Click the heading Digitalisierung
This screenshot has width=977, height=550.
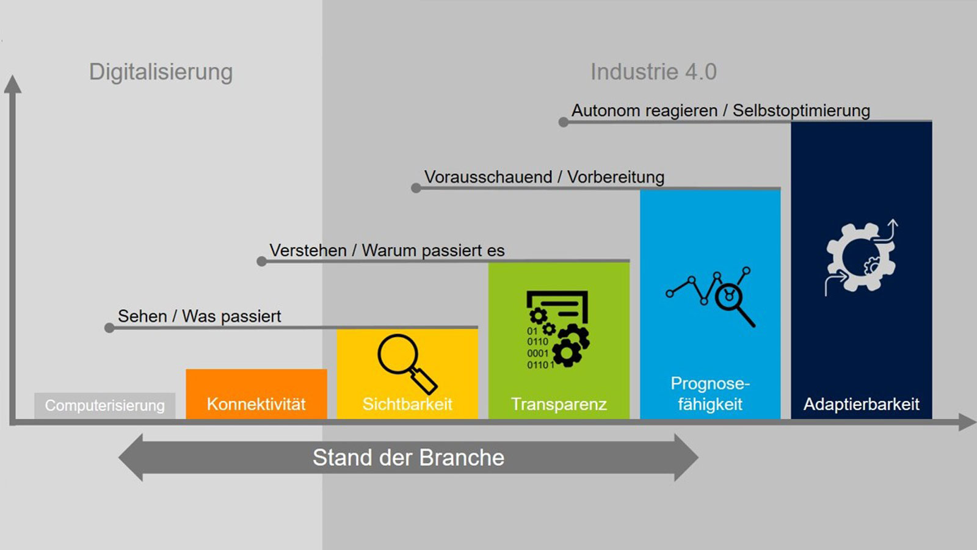(x=161, y=73)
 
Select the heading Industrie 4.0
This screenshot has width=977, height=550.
(x=653, y=72)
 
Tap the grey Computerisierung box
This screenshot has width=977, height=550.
(x=104, y=405)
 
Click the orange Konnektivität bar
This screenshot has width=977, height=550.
(x=256, y=394)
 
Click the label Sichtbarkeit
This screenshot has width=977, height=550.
(x=407, y=404)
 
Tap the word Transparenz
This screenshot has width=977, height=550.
(x=559, y=404)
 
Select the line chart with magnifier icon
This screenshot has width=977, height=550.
(x=711, y=297)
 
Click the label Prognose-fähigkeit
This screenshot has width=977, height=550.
(x=710, y=394)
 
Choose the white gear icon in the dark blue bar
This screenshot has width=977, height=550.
(x=860, y=258)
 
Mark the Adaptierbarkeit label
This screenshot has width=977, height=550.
(x=862, y=404)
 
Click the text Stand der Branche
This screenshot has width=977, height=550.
(x=409, y=458)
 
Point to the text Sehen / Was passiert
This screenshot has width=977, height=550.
(x=199, y=316)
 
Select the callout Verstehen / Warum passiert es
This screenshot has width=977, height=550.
(x=387, y=251)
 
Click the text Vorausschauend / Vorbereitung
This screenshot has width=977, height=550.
(x=544, y=177)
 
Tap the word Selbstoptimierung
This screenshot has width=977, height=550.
(x=801, y=110)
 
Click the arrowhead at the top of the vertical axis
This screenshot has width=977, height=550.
(x=13, y=83)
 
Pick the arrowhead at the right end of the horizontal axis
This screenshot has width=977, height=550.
(x=967, y=422)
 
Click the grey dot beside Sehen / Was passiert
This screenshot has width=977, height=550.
(x=109, y=328)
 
